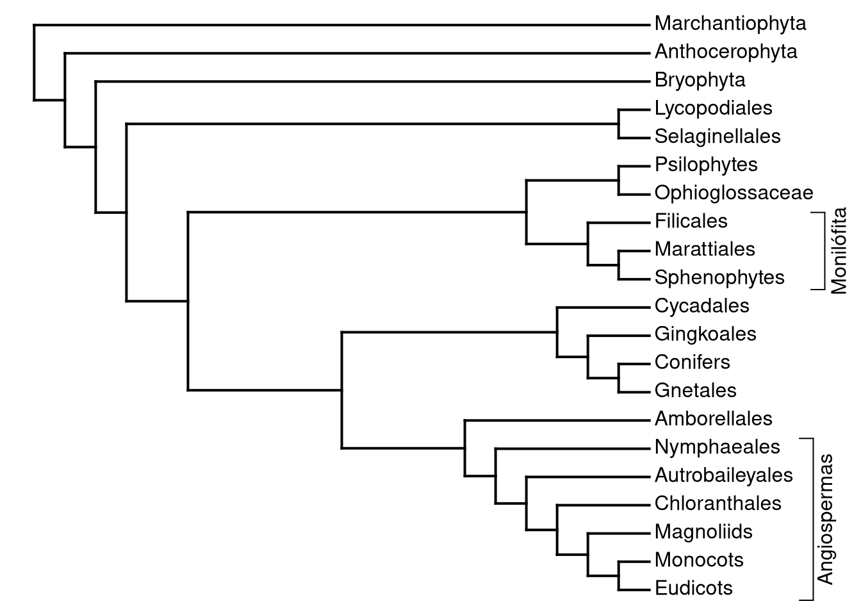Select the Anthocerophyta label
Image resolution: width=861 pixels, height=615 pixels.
(x=725, y=52)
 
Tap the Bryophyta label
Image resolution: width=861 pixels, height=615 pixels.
(x=700, y=80)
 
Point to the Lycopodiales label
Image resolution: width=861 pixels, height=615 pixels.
(x=713, y=108)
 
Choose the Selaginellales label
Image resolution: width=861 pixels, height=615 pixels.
(x=717, y=136)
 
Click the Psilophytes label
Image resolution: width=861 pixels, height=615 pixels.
(x=705, y=165)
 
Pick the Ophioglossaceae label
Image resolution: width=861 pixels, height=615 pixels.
(x=734, y=193)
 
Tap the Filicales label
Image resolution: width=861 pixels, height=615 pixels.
(x=691, y=221)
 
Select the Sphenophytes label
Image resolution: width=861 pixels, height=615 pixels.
(x=719, y=277)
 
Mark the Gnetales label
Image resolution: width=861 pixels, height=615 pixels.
(x=695, y=390)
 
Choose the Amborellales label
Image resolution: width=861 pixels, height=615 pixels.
(x=713, y=418)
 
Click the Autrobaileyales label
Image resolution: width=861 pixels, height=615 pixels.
(x=723, y=475)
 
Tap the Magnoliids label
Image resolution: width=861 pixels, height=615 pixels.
(x=703, y=531)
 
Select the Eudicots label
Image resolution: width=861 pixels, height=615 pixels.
(x=693, y=587)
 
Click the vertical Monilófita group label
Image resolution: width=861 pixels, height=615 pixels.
(x=839, y=250)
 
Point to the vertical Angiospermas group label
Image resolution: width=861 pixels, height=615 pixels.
(x=826, y=519)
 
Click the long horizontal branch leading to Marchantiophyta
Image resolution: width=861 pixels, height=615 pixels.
(x=340, y=25)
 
